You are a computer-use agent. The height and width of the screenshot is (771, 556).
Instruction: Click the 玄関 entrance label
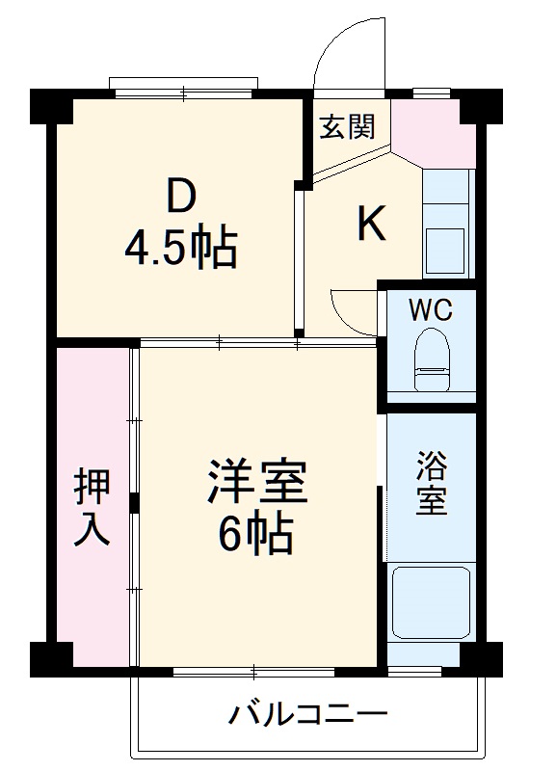coord(347,126)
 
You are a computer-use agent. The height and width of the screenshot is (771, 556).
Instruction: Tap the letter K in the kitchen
coord(372,225)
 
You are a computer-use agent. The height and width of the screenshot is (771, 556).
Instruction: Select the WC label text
coord(430,310)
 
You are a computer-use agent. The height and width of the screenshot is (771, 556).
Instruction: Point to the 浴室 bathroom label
coord(431,485)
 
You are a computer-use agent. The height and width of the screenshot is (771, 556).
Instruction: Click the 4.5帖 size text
coord(180,249)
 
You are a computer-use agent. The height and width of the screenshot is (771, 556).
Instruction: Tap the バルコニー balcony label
coord(307,715)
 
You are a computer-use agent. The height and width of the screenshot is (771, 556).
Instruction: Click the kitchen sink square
coord(444,249)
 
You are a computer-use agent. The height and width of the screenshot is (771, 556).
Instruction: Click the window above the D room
coord(183,88)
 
